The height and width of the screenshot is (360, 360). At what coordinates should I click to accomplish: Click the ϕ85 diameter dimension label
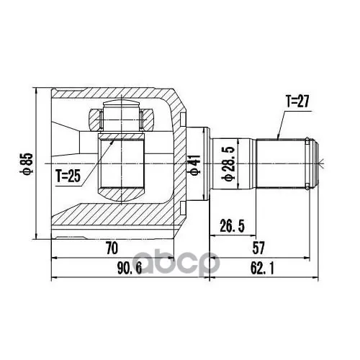point(26,163)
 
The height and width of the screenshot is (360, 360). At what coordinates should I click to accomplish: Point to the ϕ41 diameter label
point(196,165)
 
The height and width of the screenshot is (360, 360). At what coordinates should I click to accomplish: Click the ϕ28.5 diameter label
point(228,164)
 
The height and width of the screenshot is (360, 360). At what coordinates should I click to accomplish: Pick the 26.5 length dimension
point(232,226)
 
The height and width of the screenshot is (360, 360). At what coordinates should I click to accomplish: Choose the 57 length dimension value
point(258,248)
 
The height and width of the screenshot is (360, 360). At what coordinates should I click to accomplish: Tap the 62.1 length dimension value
point(262,269)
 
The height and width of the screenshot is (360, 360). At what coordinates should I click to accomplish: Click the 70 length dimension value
point(112,248)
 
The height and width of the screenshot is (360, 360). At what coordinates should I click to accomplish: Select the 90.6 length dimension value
point(130,269)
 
